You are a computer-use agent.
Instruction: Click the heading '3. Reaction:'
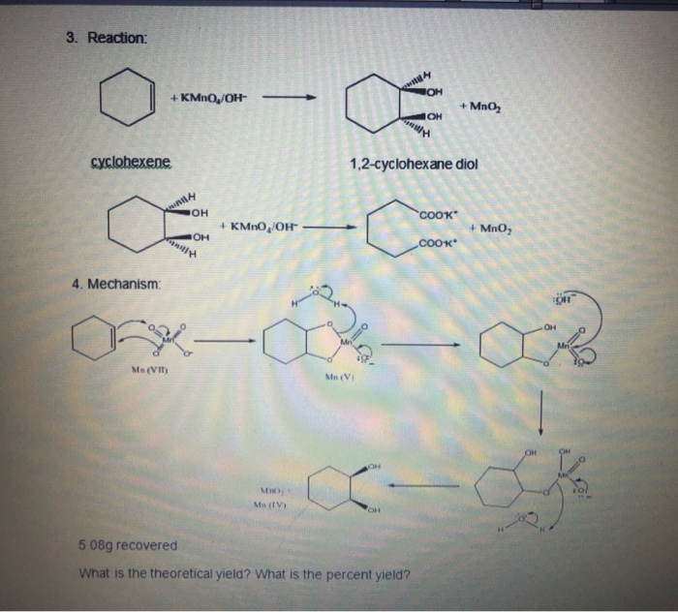click(117, 38)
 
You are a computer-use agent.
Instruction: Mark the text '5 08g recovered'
click(128, 545)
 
